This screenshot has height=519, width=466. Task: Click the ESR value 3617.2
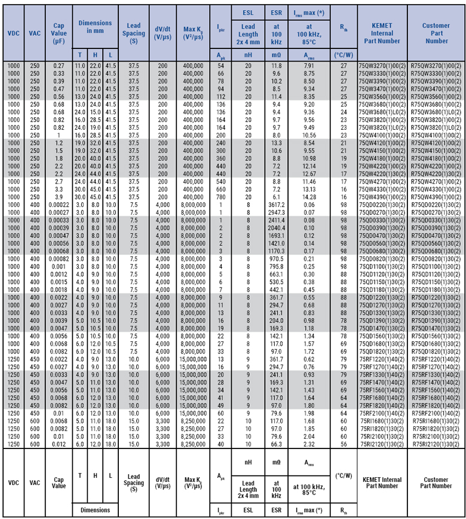tap(276, 205)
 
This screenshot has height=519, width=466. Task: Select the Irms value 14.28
tap(308, 197)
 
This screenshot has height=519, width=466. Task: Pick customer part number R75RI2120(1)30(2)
tap(436, 444)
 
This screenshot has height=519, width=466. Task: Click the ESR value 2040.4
tap(276, 228)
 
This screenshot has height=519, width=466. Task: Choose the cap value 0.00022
tap(59, 205)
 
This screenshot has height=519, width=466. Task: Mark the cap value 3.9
tap(59, 197)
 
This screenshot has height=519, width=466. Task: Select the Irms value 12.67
tap(308, 174)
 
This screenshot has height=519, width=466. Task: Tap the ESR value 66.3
tap(276, 444)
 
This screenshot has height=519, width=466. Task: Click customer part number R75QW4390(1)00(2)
tap(436, 197)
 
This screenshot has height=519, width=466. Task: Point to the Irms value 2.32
tap(308, 444)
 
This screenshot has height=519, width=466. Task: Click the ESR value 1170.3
tap(276, 252)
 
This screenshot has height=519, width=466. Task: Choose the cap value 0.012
tap(59, 444)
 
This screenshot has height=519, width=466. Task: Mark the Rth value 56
tap(344, 444)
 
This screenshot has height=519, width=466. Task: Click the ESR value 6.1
tap(276, 197)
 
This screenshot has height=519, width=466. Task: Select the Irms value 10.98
tap(308, 158)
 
